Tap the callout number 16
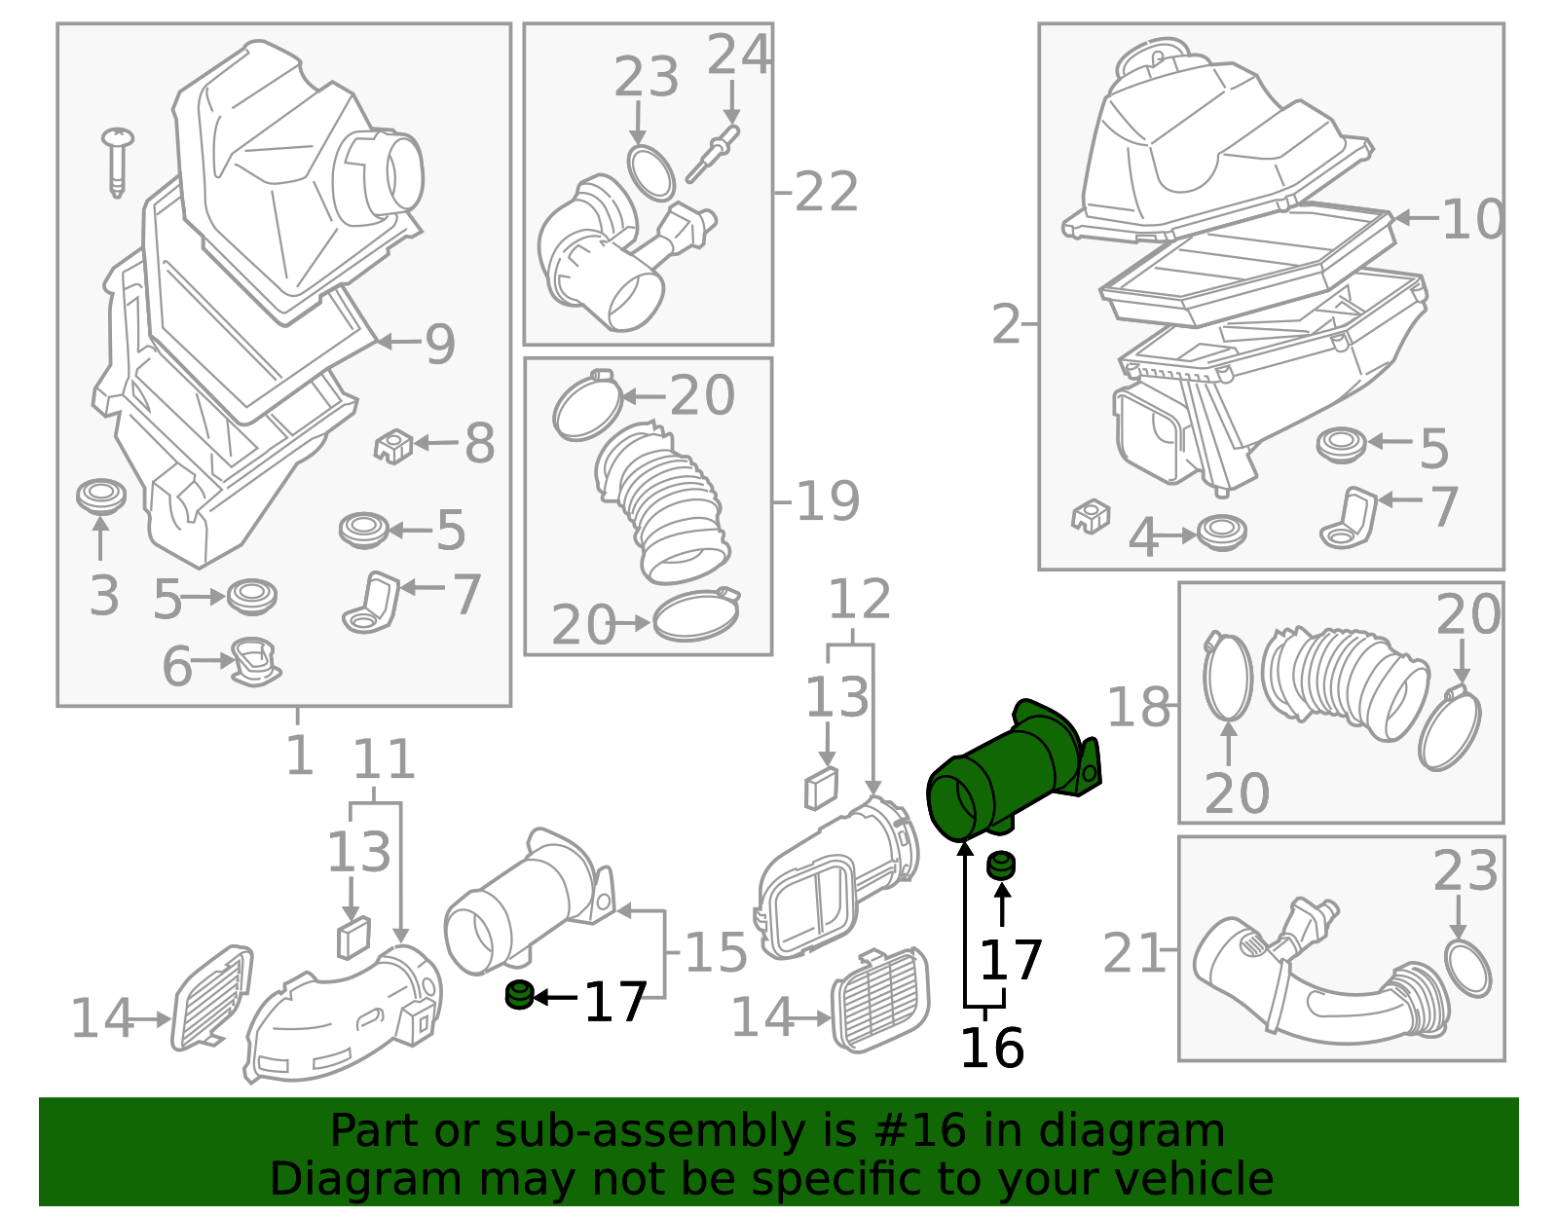point(991,1049)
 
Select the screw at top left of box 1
point(118,161)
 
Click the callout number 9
point(440,344)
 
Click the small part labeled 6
point(256,661)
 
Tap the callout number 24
point(738,55)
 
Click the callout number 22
point(826,192)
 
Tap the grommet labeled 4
point(1221,533)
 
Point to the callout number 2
point(1006,324)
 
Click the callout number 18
point(1138,707)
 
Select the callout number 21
point(1133,953)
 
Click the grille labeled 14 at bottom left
point(211,997)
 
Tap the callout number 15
point(716,952)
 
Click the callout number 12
point(860,600)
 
